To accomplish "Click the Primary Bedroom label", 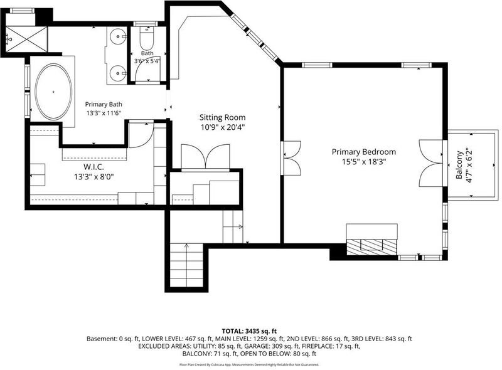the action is [364, 152].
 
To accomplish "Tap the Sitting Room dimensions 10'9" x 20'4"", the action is [223, 127].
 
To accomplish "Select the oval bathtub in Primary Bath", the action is [53, 92].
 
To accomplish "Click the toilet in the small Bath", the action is [147, 38].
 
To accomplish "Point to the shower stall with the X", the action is [27, 39].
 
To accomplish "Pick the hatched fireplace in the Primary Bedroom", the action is [371, 247].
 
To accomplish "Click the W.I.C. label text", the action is [93, 167].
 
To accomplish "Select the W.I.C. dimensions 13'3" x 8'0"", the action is [94, 176].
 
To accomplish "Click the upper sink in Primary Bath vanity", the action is [118, 36].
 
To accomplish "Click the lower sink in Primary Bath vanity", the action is [118, 73].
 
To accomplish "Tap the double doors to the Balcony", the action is [432, 163].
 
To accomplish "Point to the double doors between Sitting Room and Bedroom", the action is [291, 158].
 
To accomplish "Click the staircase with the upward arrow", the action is [186, 265].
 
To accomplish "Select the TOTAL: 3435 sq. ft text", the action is [249, 331].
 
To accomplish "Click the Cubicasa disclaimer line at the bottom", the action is [249, 364].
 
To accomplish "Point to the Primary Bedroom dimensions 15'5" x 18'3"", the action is [364, 162].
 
